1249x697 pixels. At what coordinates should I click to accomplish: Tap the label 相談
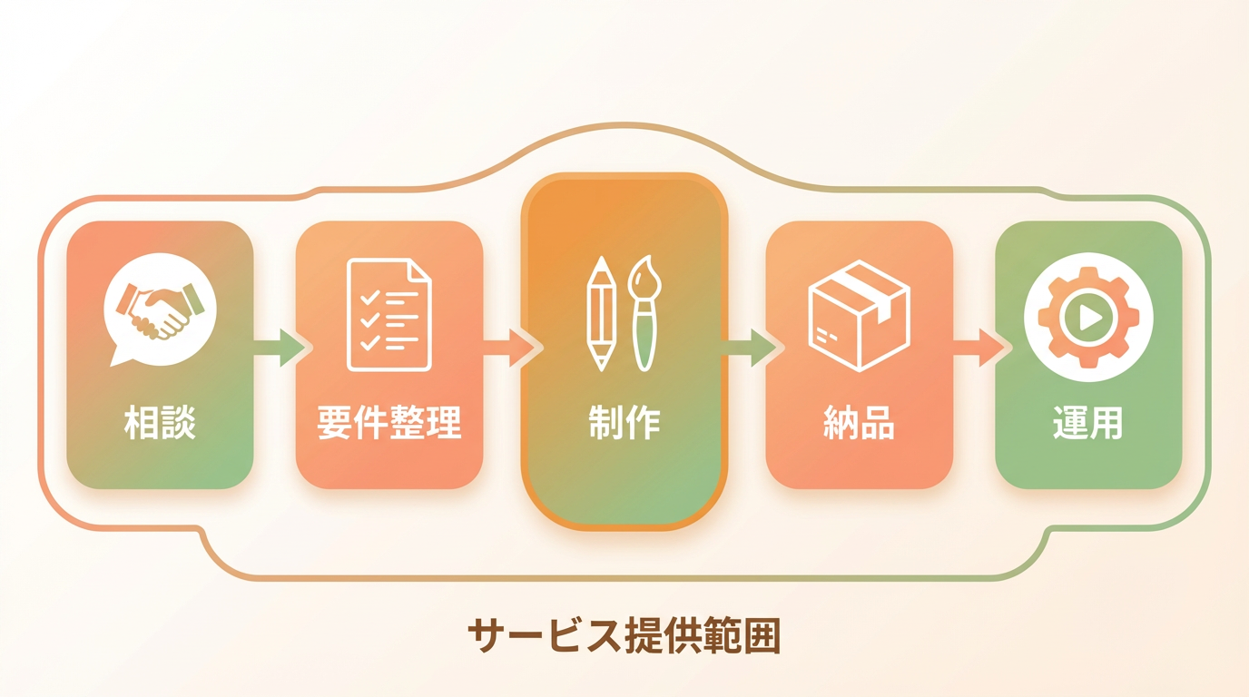point(160,424)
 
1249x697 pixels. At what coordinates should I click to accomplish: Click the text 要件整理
point(389,424)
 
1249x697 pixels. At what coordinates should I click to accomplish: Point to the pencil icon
point(601,314)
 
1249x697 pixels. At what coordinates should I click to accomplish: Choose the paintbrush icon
point(644,314)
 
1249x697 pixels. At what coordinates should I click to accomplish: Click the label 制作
point(624,424)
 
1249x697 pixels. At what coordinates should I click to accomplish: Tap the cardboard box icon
point(859,314)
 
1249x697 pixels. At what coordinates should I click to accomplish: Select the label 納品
point(859,424)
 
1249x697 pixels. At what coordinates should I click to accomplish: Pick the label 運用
point(1088,424)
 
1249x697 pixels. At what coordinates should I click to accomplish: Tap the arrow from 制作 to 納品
point(750,348)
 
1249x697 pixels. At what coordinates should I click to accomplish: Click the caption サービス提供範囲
point(624,637)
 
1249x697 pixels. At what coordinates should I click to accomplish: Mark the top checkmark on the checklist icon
point(369,298)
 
